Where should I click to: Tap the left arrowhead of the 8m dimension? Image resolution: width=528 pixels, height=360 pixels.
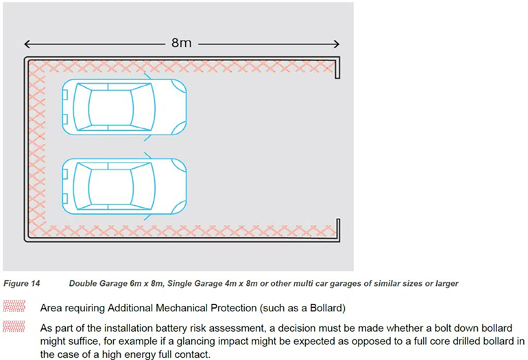tap(27, 45)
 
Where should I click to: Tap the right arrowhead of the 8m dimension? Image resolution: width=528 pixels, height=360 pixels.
tap(337, 45)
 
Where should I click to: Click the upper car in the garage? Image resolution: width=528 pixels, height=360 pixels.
tap(123, 106)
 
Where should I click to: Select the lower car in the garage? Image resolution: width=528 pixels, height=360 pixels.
tap(123, 186)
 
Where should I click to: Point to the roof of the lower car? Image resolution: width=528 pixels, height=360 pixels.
tap(110, 186)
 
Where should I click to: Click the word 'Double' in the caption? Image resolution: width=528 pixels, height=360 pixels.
tap(84, 283)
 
